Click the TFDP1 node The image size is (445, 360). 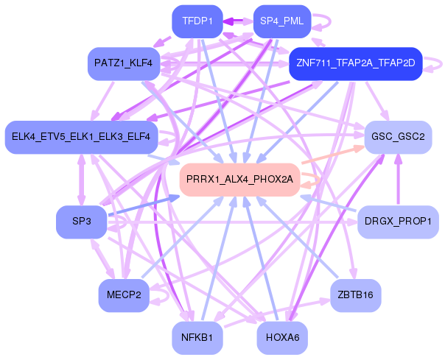(197, 21)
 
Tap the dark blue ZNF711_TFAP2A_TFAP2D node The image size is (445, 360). (355, 63)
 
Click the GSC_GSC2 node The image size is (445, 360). (398, 136)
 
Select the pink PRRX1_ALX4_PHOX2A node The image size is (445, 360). (239, 179)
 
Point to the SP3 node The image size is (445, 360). (82, 221)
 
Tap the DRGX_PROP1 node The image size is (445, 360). (398, 221)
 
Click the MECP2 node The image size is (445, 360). (124, 294)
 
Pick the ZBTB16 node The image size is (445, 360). (355, 294)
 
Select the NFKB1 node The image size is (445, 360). (197, 337)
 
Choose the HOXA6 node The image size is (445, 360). (282, 337)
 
